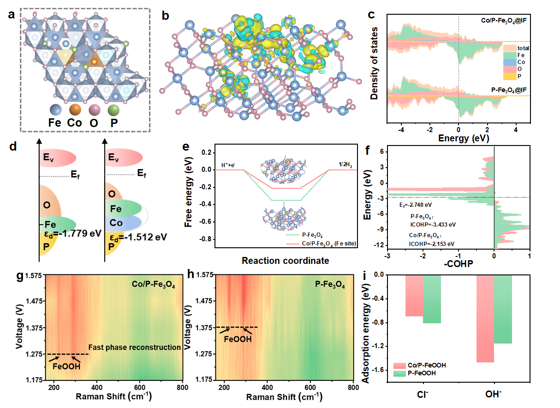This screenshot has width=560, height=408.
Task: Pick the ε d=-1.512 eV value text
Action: click(137, 237)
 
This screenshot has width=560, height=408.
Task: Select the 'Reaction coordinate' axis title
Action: click(285, 261)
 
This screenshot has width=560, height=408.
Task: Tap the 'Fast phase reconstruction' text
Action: click(134, 347)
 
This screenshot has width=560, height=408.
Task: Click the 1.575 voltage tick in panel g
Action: click(33, 275)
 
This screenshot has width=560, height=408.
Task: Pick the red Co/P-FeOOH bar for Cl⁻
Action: click(414, 296)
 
